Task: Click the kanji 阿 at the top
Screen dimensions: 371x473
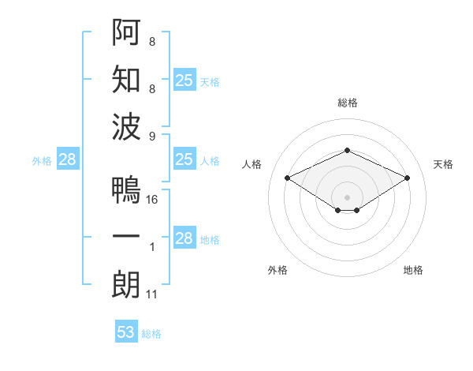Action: point(126,32)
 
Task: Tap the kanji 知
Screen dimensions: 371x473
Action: point(126,81)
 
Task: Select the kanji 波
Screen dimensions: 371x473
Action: point(126,128)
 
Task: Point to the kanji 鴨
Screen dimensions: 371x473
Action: point(126,189)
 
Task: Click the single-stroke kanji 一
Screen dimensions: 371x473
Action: point(126,238)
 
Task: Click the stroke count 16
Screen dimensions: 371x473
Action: point(153,200)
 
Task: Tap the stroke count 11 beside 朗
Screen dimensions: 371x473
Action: point(153,294)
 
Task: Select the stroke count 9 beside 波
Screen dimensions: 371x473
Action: point(152,137)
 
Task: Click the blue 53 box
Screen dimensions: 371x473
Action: point(126,332)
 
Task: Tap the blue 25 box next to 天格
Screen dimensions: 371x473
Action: point(184,81)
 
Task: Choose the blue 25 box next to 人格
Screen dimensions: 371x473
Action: point(184,159)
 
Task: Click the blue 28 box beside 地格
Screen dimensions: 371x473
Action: point(184,238)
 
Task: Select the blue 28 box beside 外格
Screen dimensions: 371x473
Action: point(67,160)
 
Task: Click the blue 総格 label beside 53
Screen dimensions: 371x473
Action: point(151,333)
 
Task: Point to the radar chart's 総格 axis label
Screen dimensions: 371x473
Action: point(347,103)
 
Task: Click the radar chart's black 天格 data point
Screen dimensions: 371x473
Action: point(407,178)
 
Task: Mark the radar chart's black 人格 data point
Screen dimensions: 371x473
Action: point(288,178)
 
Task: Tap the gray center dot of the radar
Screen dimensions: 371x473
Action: point(347,196)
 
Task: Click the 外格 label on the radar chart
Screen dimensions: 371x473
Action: point(277,270)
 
